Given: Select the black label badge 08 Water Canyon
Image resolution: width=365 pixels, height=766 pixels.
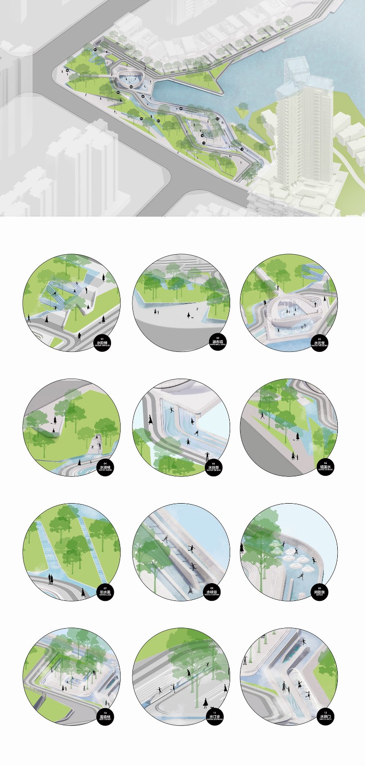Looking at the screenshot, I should tap(213, 593).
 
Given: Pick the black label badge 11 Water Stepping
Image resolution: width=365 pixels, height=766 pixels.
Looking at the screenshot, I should tap(214, 717).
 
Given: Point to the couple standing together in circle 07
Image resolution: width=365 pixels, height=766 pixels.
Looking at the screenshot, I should tap(49, 579).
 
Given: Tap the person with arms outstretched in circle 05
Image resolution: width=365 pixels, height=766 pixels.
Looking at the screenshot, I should tap(207, 455).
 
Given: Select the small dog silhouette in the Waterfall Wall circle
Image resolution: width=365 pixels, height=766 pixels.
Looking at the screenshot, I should tap(192, 315).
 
